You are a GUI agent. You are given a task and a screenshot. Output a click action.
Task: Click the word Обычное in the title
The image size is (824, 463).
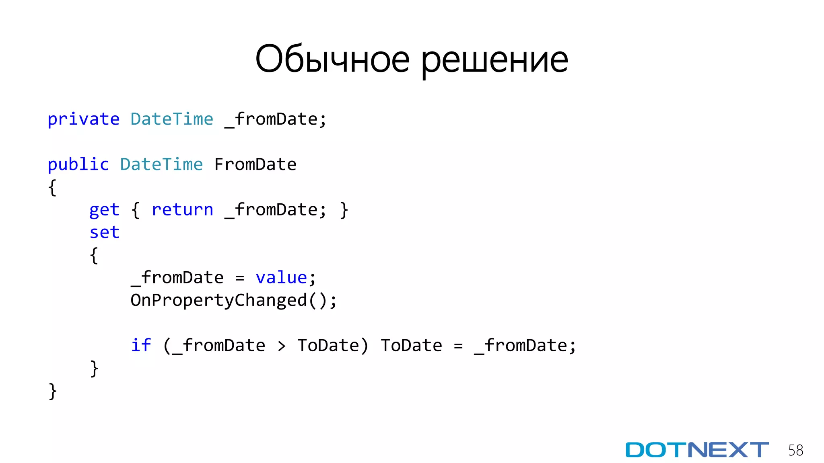click(332, 59)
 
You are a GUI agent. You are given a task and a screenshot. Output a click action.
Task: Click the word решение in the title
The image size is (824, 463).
click(494, 60)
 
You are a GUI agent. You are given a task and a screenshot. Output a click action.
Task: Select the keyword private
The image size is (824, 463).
click(83, 119)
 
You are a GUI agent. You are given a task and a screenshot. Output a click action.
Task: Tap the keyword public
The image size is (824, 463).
click(78, 165)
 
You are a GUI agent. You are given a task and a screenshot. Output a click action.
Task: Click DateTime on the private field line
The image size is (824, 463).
click(172, 119)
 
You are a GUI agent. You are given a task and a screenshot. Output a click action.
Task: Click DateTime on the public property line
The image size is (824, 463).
click(161, 165)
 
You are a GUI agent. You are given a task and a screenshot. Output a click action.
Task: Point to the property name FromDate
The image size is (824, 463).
click(255, 165)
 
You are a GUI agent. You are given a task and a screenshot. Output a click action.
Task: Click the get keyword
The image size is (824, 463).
click(104, 210)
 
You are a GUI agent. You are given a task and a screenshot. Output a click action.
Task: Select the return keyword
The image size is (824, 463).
click(182, 210)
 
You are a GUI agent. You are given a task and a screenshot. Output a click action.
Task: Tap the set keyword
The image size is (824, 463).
click(104, 232)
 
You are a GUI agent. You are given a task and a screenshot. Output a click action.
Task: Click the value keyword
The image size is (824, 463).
click(281, 278)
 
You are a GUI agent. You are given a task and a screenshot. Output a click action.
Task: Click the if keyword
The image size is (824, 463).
click(141, 346)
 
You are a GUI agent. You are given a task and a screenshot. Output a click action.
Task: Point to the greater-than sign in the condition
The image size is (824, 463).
click(282, 346)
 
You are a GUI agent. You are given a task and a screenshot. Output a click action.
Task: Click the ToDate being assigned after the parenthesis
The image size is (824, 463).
click(411, 346)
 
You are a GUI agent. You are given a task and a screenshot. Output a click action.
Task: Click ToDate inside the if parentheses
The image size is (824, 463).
click(328, 346)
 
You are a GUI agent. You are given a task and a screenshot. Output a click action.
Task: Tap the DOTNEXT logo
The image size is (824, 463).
click(697, 450)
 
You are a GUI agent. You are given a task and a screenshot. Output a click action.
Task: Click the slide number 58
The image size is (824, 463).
click(795, 450)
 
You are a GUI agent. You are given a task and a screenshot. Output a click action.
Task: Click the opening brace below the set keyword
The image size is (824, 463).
click(94, 255)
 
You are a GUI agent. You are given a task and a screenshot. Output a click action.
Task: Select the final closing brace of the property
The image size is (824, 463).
click(52, 391)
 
